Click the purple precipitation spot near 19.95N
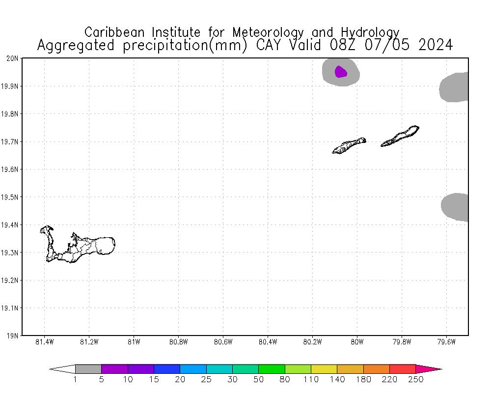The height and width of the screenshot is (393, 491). point(340,72)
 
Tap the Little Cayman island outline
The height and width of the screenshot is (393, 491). point(349,145)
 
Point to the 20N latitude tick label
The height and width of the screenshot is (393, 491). point(12,58)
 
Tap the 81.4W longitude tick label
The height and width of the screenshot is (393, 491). point(45,342)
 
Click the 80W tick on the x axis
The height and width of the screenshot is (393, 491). point(357,342)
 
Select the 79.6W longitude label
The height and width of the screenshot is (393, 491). point(446,342)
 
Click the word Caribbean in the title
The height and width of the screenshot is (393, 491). point(116,32)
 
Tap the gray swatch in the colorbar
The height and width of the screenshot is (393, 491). point(88,369)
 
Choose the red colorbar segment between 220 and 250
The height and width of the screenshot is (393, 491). point(403,369)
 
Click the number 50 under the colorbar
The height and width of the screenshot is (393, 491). point(259,379)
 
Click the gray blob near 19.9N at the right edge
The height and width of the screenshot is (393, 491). point(455,87)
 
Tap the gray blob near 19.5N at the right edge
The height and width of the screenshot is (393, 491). point(456,206)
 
